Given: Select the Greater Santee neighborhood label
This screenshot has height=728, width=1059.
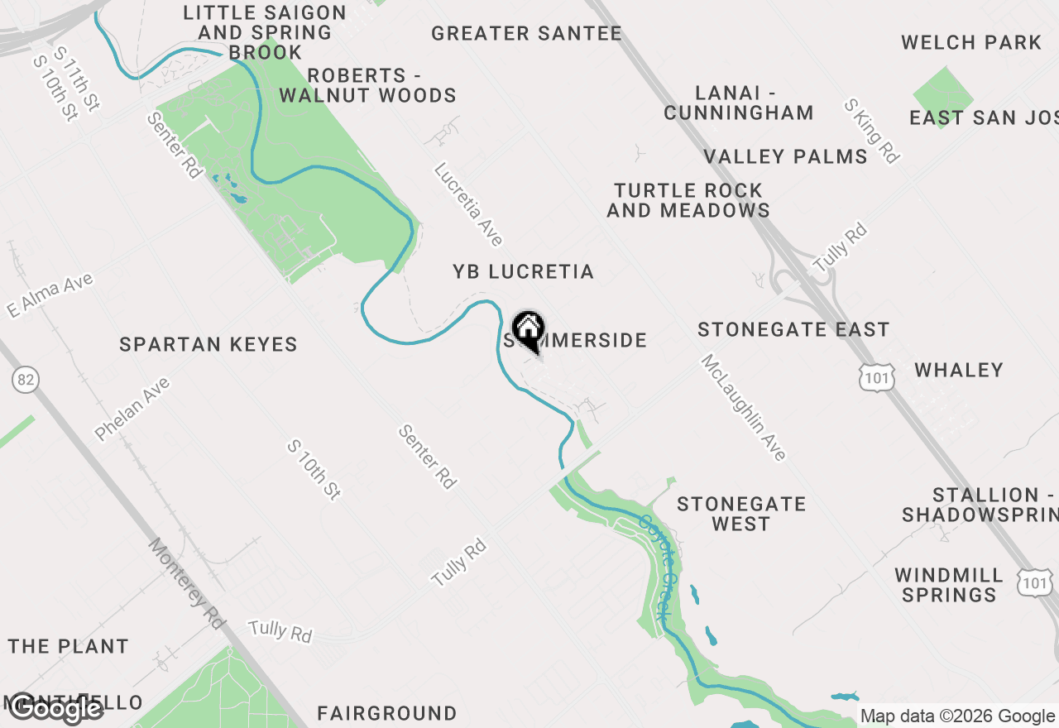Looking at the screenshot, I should click(x=526, y=33).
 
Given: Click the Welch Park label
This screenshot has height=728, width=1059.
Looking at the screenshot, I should click(x=971, y=42).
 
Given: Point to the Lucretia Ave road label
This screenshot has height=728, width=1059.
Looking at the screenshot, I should click(x=468, y=204).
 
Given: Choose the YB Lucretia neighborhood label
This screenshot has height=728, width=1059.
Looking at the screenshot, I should click(x=523, y=271).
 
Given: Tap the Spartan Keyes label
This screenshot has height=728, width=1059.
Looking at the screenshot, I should click(x=208, y=344).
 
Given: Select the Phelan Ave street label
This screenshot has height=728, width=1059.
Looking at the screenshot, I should click(x=132, y=409).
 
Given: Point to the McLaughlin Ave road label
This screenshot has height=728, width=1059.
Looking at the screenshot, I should click(x=743, y=407).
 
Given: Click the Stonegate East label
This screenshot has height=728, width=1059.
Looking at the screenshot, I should click(x=793, y=329).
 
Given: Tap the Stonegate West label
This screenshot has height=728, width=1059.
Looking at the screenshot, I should click(x=740, y=514).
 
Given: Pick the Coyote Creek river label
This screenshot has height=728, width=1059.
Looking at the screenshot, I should click(x=653, y=566).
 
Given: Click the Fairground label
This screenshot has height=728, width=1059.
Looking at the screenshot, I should click(x=386, y=713).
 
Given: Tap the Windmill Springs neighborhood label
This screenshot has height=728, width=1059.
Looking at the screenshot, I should click(x=949, y=585).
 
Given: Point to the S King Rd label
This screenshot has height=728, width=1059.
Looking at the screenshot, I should click(x=871, y=131).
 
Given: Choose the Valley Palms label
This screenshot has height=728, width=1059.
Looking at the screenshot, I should click(x=785, y=156).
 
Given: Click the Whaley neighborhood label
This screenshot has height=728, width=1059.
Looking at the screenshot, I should click(x=959, y=369).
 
